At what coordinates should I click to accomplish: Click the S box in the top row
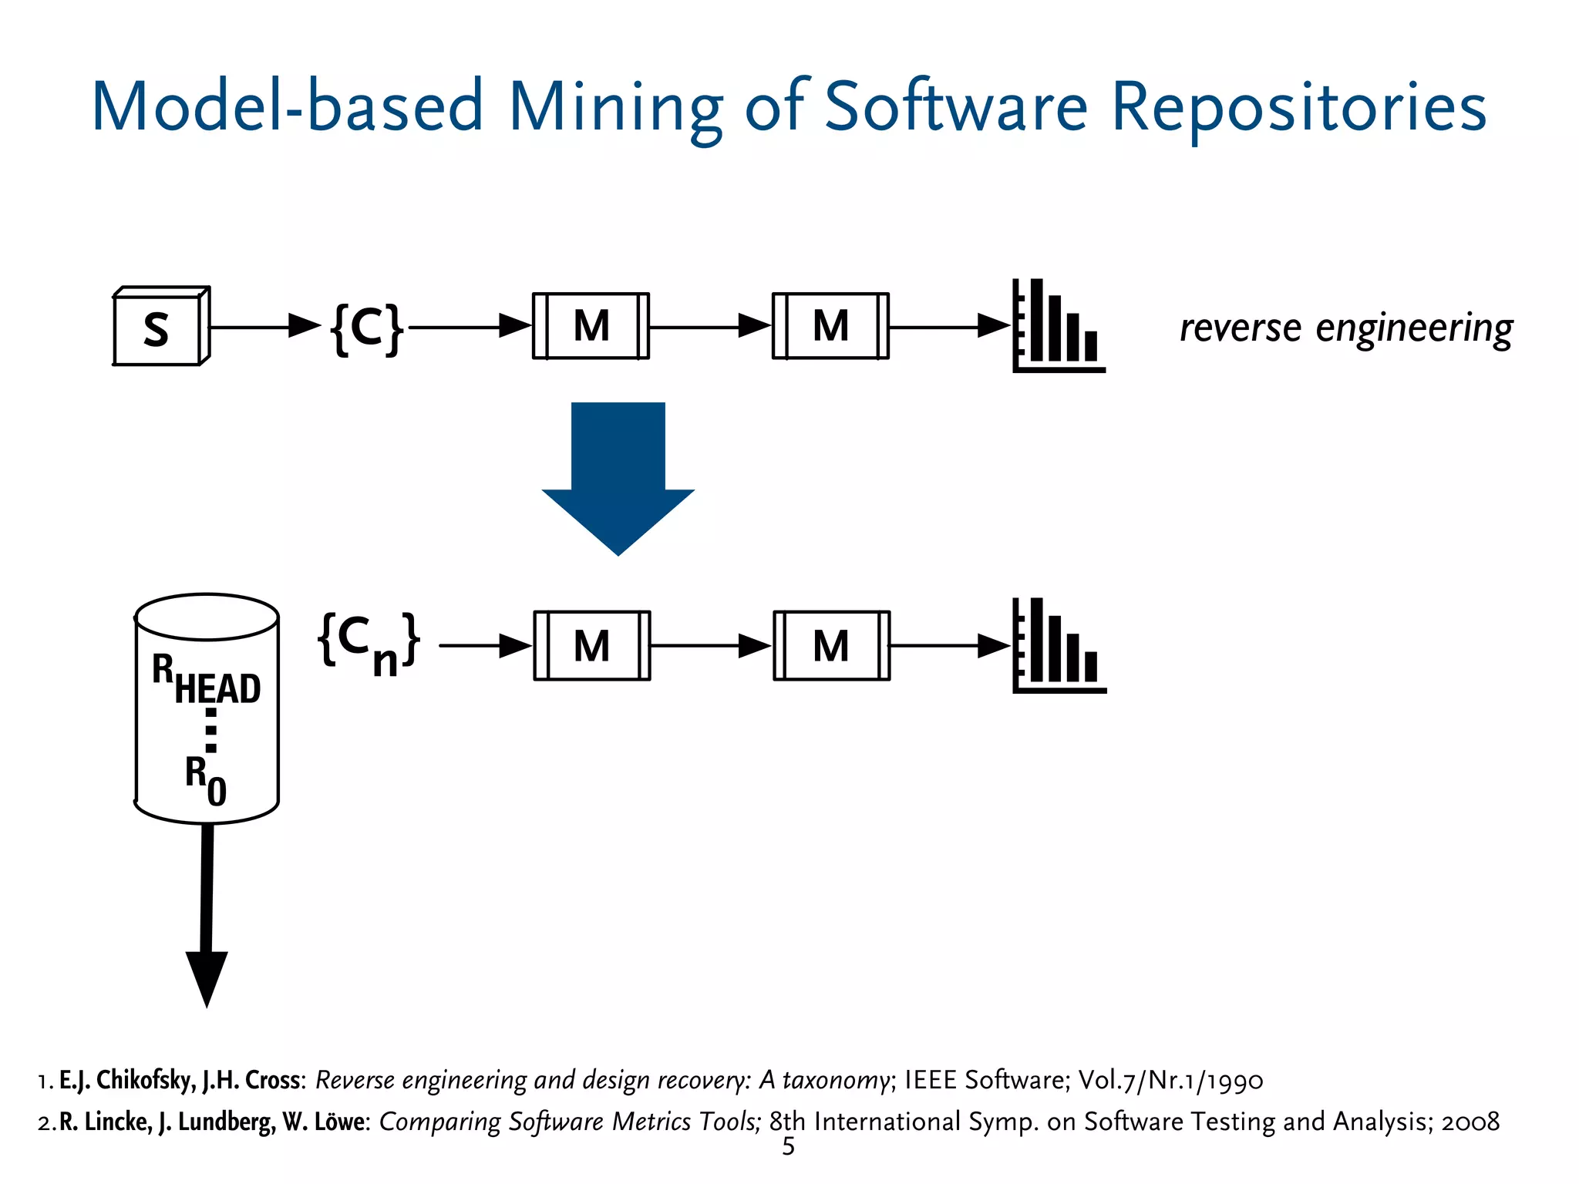tap(159, 328)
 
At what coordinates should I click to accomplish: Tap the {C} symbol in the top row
tap(367, 328)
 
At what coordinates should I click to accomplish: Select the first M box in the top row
tap(591, 326)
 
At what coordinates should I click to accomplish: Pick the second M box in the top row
tap(830, 326)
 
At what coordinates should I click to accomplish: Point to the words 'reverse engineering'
tap(1345, 328)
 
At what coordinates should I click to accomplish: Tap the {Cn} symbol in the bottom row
tap(369, 644)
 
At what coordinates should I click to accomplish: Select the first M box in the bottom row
tap(591, 646)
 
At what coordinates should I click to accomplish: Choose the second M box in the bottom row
tap(831, 646)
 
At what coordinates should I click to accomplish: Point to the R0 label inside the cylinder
tap(205, 779)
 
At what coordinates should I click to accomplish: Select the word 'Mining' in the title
tap(615, 108)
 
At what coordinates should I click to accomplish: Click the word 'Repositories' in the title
tap(1298, 108)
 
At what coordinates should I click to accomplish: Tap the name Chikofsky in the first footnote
tap(146, 1080)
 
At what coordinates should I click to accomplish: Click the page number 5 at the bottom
tap(788, 1147)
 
